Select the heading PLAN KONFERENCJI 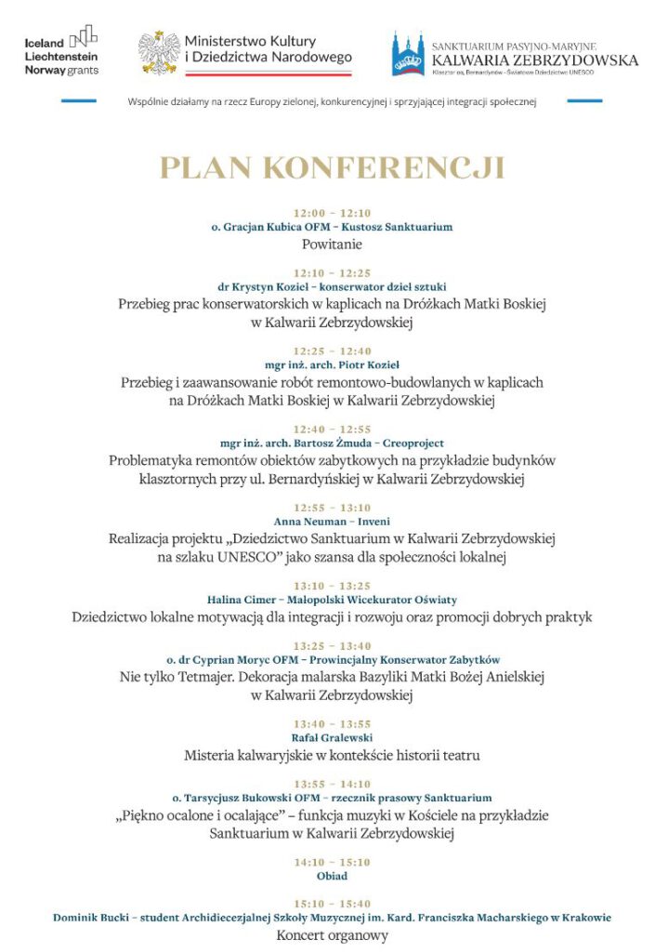(332, 168)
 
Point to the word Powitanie (332, 245)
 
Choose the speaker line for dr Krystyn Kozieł (332, 288)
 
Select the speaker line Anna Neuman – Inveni (332, 522)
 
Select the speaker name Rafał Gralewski (332, 737)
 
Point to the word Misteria (214, 755)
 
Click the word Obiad (332, 876)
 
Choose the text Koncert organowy (332, 935)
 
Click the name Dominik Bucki (88, 918)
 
